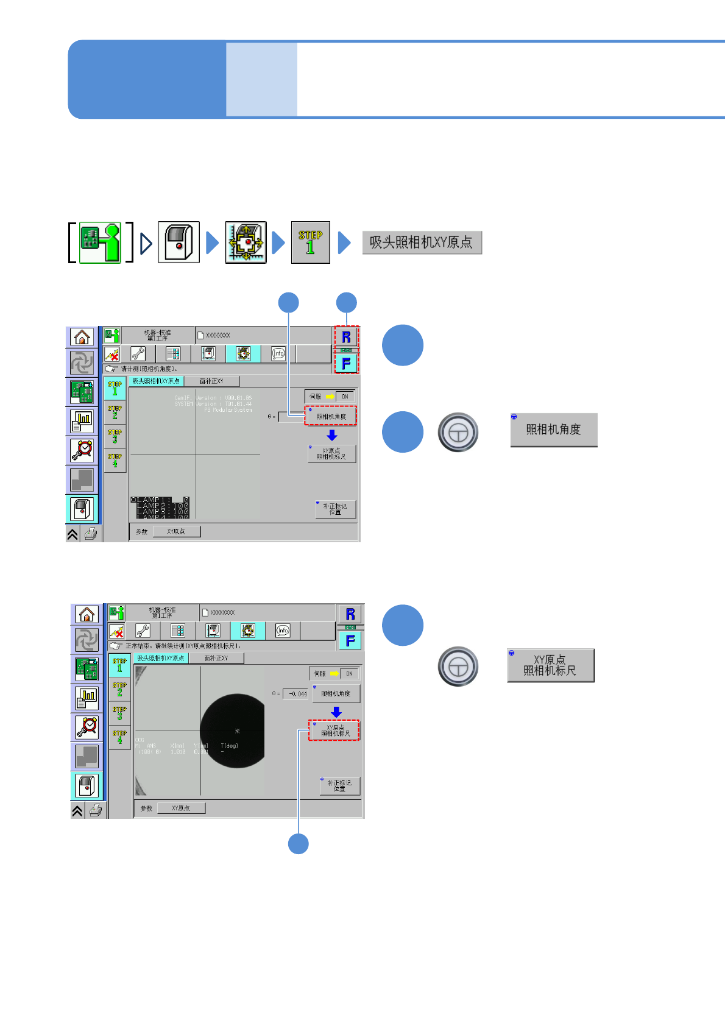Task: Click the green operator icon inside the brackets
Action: click(x=101, y=242)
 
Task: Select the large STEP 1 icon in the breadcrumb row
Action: click(x=311, y=242)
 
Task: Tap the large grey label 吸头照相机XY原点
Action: click(x=422, y=242)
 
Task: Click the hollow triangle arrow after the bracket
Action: click(x=146, y=244)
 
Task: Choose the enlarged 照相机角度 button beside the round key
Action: click(x=553, y=430)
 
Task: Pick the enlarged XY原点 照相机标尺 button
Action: click(x=550, y=665)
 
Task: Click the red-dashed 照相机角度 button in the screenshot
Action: click(x=331, y=416)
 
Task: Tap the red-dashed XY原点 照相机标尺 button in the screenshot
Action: click(x=334, y=730)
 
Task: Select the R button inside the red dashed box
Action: click(x=346, y=337)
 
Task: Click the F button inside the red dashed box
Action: click(x=346, y=363)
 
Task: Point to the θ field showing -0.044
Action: click(x=297, y=694)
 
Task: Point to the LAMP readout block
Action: click(x=160, y=508)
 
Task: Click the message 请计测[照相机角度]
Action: click(x=149, y=369)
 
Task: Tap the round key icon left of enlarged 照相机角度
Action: click(x=458, y=433)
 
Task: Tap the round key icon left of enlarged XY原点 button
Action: click(x=458, y=667)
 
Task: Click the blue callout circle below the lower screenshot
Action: click(x=298, y=844)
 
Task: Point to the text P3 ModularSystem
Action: click(x=228, y=410)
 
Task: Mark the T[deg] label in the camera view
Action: click(x=230, y=746)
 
